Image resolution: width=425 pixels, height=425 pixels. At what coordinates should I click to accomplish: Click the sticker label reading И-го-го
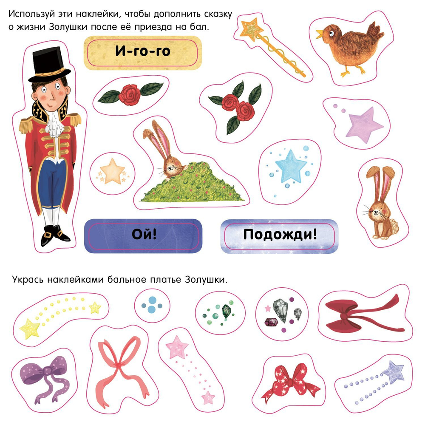143,52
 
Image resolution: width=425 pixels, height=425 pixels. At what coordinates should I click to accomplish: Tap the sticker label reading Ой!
143,235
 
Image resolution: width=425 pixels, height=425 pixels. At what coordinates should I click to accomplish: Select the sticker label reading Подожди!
280,235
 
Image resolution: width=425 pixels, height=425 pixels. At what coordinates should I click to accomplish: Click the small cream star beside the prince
112,171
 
